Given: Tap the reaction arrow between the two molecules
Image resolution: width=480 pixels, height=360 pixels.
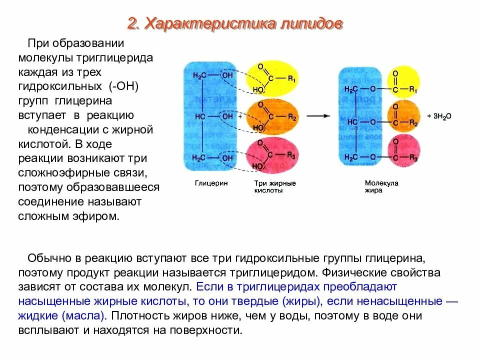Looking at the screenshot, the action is click(318, 115).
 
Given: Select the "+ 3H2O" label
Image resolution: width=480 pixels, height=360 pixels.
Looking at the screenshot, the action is click(439, 115).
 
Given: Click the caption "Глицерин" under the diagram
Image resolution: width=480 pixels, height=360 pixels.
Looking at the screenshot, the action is click(211, 183).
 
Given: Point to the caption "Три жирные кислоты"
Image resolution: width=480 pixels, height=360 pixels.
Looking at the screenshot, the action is click(275, 187).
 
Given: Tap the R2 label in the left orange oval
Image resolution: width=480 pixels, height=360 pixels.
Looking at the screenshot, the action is click(292, 118).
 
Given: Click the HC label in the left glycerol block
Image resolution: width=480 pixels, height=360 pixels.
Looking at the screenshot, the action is click(199, 116).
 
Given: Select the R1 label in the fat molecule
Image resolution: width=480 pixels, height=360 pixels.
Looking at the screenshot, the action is click(413, 89).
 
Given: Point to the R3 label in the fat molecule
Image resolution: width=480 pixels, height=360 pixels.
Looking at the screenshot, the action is click(413, 157).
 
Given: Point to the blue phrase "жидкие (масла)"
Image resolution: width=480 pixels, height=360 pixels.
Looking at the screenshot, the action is click(62, 316).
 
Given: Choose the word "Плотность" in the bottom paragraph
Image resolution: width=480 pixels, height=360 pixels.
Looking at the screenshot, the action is click(140, 316).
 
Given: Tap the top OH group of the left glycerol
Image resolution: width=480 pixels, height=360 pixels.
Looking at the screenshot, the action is click(227, 75).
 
